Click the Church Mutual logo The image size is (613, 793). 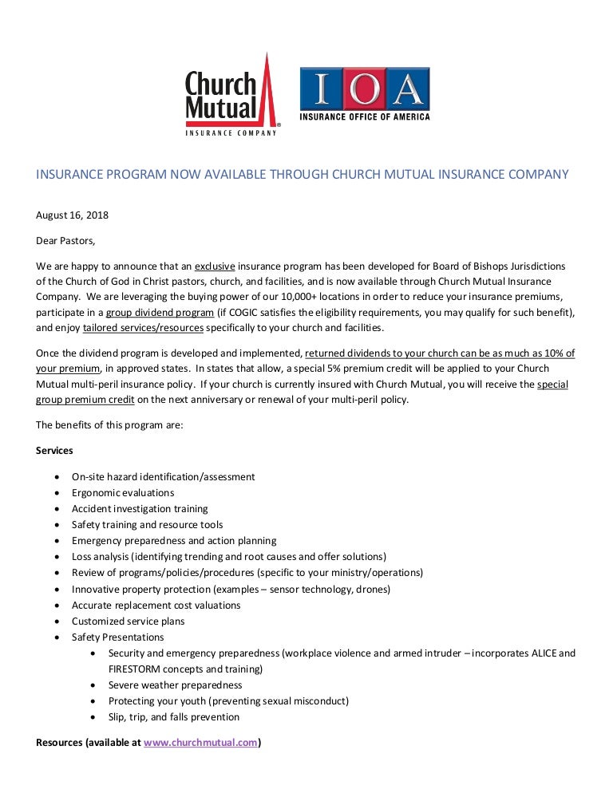[231, 96]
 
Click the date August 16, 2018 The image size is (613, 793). [73, 215]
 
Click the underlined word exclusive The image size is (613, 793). [216, 264]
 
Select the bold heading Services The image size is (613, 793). [54, 450]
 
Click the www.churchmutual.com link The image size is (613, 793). [200, 742]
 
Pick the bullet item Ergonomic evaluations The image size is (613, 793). [123, 492]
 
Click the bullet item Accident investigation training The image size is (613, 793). [140, 508]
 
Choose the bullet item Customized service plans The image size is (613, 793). [128, 621]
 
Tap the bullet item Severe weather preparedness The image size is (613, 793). [175, 685]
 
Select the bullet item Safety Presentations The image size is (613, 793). [117, 637]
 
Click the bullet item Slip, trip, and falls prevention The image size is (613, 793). [173, 716]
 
